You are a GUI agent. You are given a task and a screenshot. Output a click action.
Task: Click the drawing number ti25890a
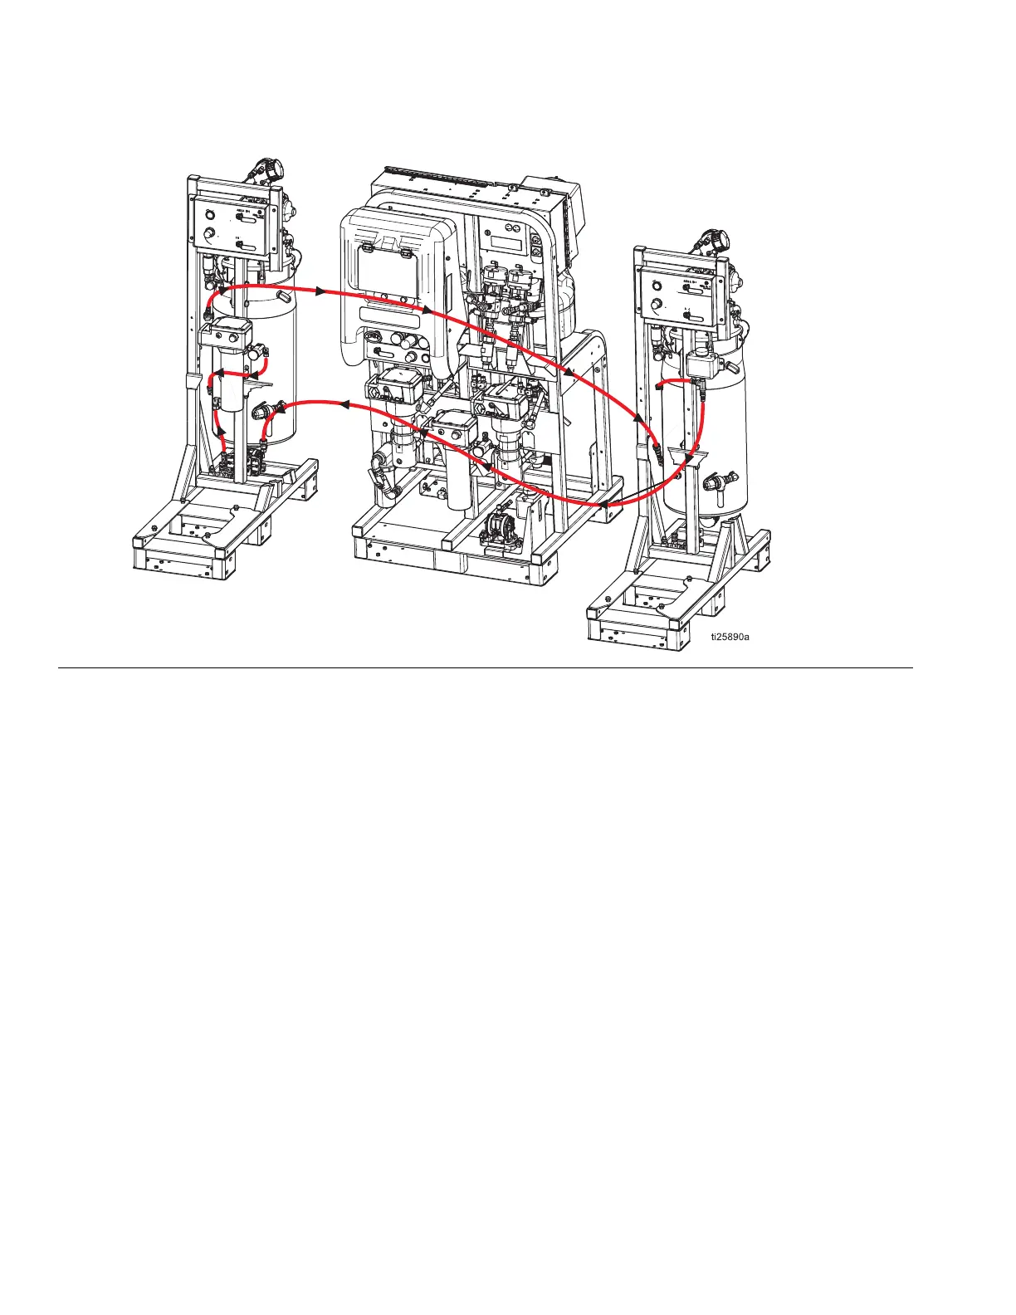click(734, 638)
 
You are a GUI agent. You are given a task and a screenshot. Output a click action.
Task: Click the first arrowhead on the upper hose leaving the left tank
click(319, 290)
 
